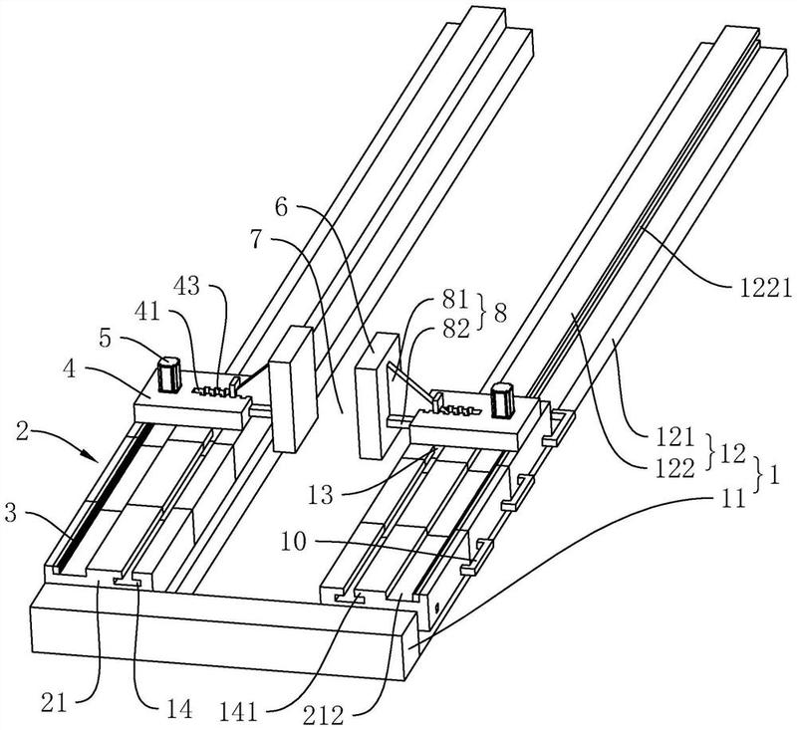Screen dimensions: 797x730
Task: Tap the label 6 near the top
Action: click(282, 208)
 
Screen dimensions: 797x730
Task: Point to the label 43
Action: click(186, 287)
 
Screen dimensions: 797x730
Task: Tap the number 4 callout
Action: click(69, 369)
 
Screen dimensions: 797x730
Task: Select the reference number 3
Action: click(10, 512)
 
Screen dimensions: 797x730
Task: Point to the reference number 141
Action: click(238, 712)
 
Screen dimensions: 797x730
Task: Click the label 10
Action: click(294, 542)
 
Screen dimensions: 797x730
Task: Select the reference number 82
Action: click(456, 331)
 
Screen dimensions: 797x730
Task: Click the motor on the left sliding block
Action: click(168, 374)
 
